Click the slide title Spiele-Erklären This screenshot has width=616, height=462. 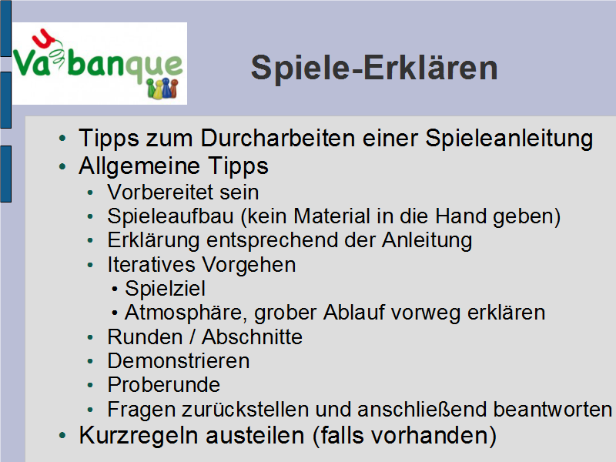pos(374,69)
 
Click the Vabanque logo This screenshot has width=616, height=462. pos(99,64)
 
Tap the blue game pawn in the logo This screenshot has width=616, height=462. pos(166,87)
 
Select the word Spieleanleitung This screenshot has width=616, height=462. pos(509,139)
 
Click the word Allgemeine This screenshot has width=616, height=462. pos(140,166)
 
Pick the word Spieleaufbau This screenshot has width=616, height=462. pos(170,217)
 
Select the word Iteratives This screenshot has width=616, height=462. pos(151,264)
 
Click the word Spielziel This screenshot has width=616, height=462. pos(165,289)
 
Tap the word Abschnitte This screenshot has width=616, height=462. pos(253,337)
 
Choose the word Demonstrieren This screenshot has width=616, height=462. pos(179,361)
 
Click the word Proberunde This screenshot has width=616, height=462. pos(164,385)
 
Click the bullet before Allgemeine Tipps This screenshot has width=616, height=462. pos(62,166)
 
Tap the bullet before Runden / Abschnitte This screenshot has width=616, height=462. pos(90,337)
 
